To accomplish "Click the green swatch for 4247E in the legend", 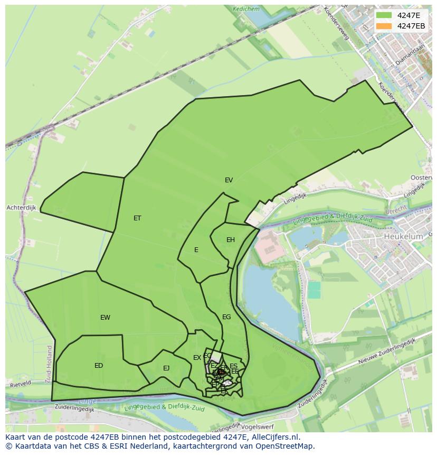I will (384, 15).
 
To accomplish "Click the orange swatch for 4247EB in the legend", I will (384, 26).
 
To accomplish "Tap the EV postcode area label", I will (229, 180).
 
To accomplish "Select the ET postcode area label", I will (137, 218).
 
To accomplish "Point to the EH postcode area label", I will (231, 240).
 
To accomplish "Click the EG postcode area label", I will (226, 317).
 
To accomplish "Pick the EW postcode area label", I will (105, 318).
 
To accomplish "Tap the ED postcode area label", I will (99, 366).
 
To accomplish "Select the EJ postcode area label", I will (166, 368).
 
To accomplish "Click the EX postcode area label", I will (197, 358).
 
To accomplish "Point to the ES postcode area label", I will (233, 366).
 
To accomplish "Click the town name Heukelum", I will (403, 237).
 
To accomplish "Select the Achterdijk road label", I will (21, 208).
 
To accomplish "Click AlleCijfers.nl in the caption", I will (273, 437).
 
